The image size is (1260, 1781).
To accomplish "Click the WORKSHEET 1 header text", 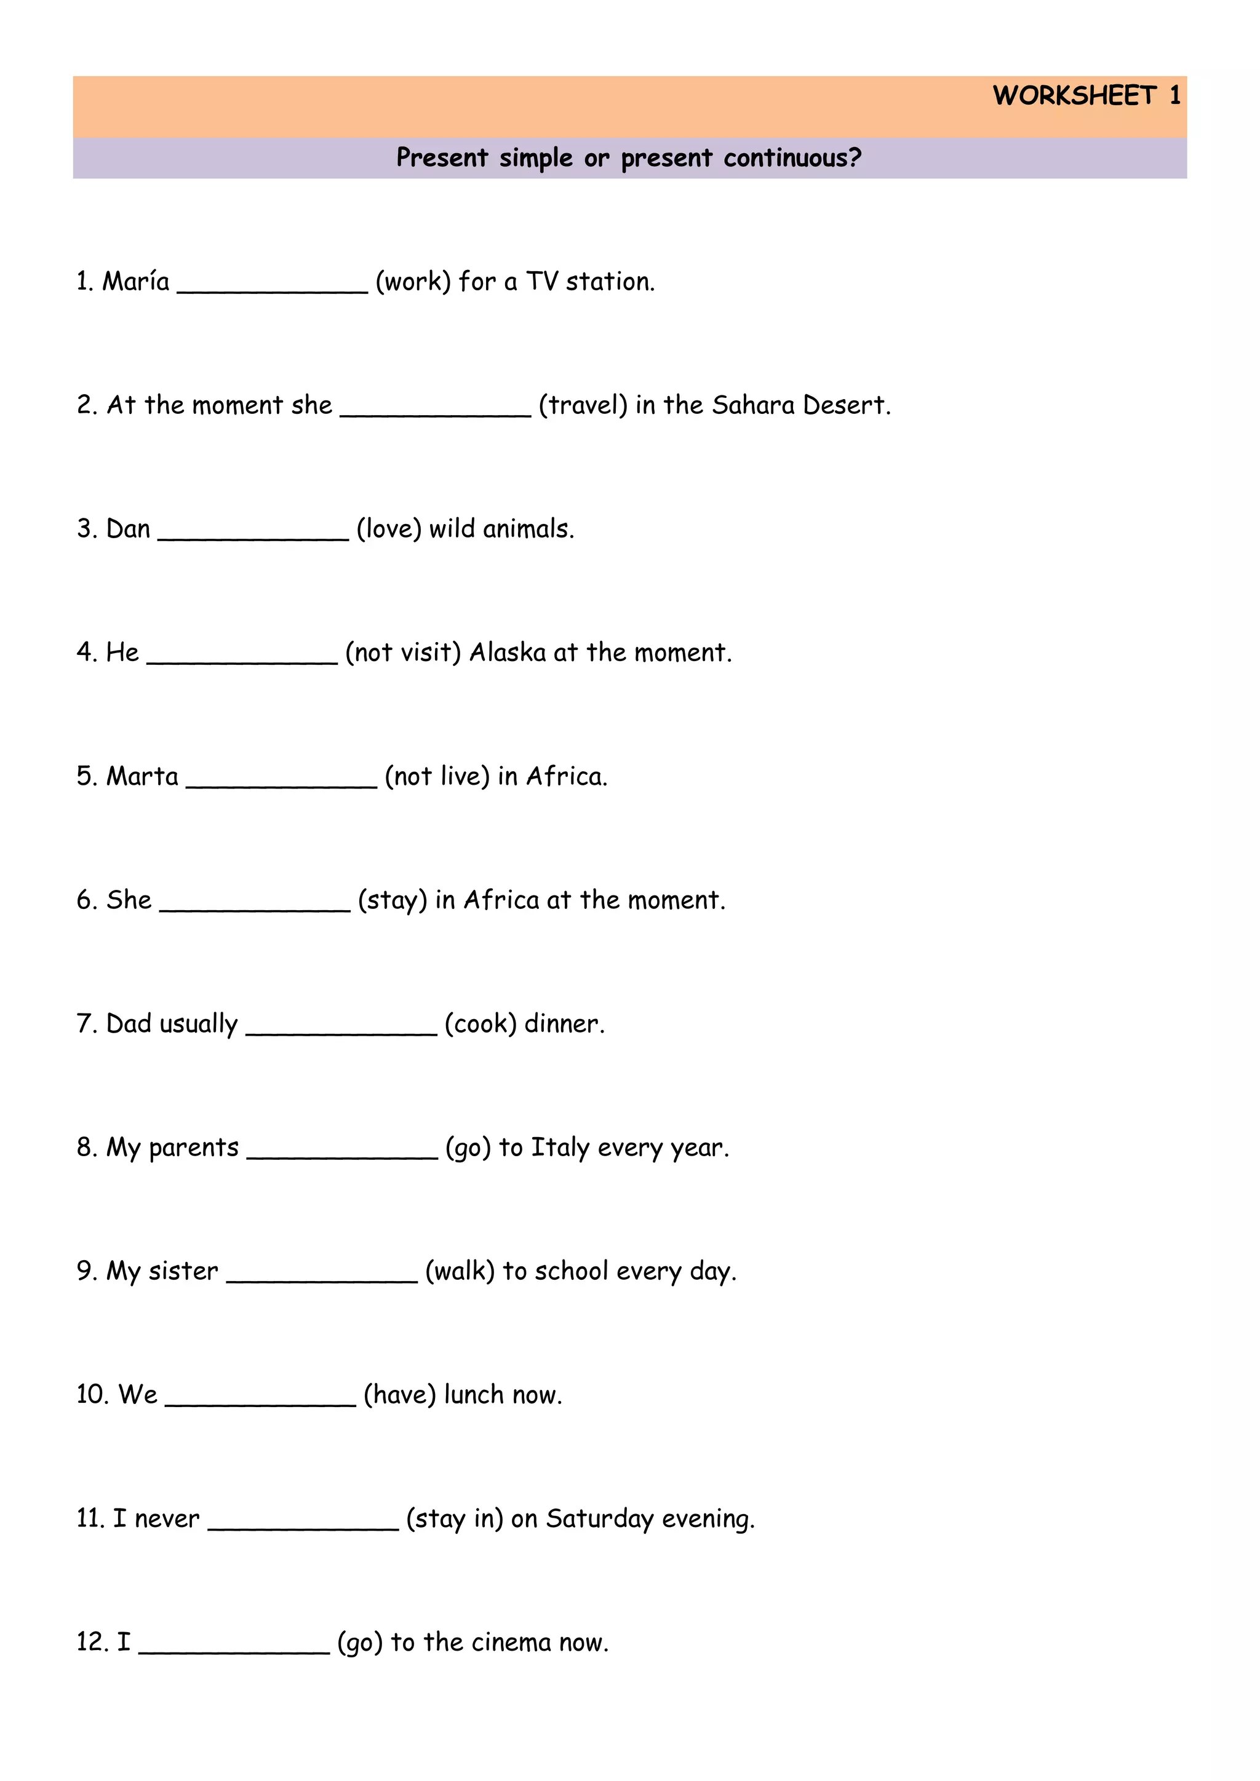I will click(x=1087, y=95).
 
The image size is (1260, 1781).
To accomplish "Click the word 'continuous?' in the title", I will click(x=792, y=157).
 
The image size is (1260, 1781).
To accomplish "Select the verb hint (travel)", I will click(x=583, y=405).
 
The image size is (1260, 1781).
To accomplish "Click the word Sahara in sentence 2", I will click(x=752, y=405).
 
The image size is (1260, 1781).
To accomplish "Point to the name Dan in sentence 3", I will click(x=128, y=529).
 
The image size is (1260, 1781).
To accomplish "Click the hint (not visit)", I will click(x=403, y=653).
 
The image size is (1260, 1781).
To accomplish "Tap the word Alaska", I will click(x=508, y=653).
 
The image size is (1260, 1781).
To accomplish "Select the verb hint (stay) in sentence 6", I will click(x=392, y=900).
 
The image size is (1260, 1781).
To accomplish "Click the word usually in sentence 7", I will click(x=199, y=1025).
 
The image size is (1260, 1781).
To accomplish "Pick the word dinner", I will click(x=564, y=1024).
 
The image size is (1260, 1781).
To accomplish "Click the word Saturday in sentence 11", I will click(x=600, y=1519).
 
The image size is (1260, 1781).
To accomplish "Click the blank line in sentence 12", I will click(x=234, y=1650).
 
